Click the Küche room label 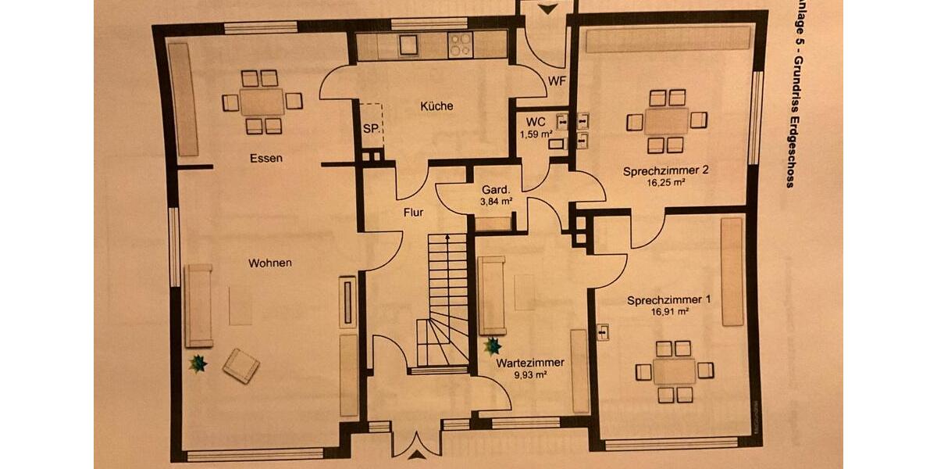click(x=436, y=106)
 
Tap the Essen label click(x=265, y=159)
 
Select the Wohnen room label click(x=270, y=263)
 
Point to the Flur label click(x=413, y=212)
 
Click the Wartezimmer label click(x=529, y=363)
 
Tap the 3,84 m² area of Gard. click(x=496, y=202)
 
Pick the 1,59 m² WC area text click(x=536, y=134)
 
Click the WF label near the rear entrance click(x=557, y=81)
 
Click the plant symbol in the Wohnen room click(x=198, y=363)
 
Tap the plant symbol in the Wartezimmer click(x=493, y=345)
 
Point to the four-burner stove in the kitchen click(x=459, y=45)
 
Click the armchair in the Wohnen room click(x=240, y=365)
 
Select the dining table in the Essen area click(x=262, y=102)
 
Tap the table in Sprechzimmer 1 click(x=675, y=371)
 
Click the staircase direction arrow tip click(x=447, y=235)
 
